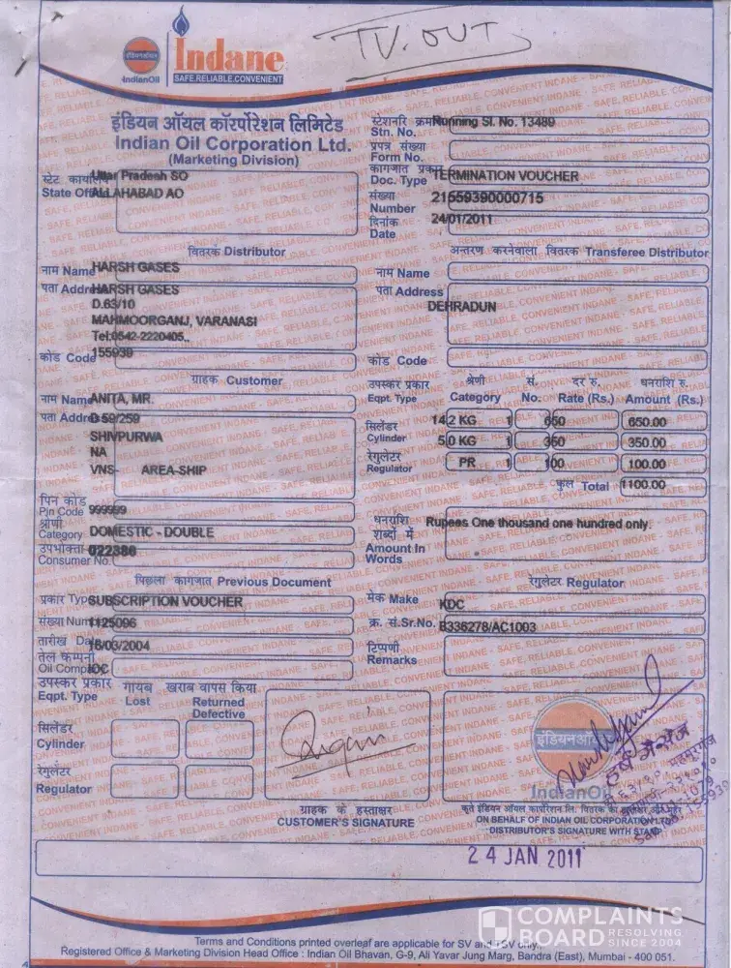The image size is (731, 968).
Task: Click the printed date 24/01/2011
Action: [x=462, y=218]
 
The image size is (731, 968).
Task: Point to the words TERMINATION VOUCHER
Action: [x=506, y=176]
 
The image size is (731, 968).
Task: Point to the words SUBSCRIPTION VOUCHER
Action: [x=165, y=601]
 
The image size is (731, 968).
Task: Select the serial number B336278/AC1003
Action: [x=487, y=626]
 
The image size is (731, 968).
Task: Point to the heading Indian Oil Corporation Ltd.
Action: [x=231, y=142]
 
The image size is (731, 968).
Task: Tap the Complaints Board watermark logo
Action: [x=580, y=927]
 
